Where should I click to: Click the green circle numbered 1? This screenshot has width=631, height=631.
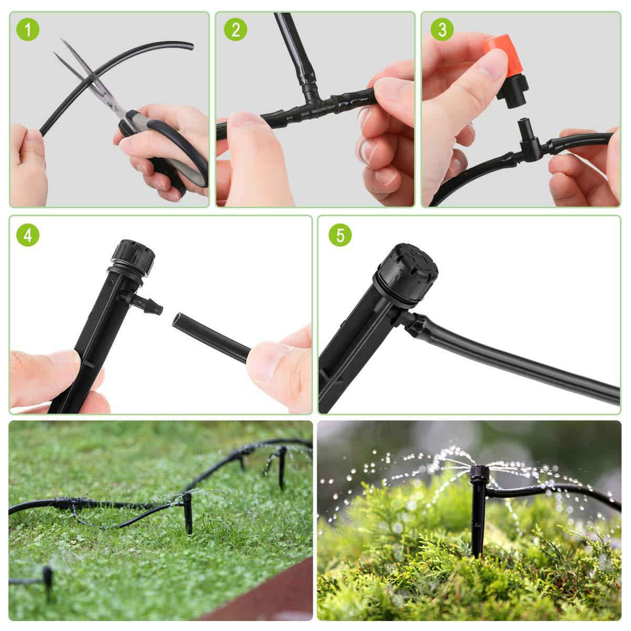point(28,30)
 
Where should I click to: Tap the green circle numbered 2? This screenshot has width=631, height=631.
point(235,30)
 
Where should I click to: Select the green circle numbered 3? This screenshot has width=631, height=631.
point(442,30)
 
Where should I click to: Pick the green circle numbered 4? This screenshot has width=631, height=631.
point(28,235)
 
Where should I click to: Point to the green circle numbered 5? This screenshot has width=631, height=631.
point(340,235)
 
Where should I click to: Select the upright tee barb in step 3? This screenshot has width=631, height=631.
point(524,131)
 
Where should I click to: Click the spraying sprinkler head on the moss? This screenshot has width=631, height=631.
point(477,473)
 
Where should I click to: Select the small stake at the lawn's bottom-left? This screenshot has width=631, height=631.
point(48,578)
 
